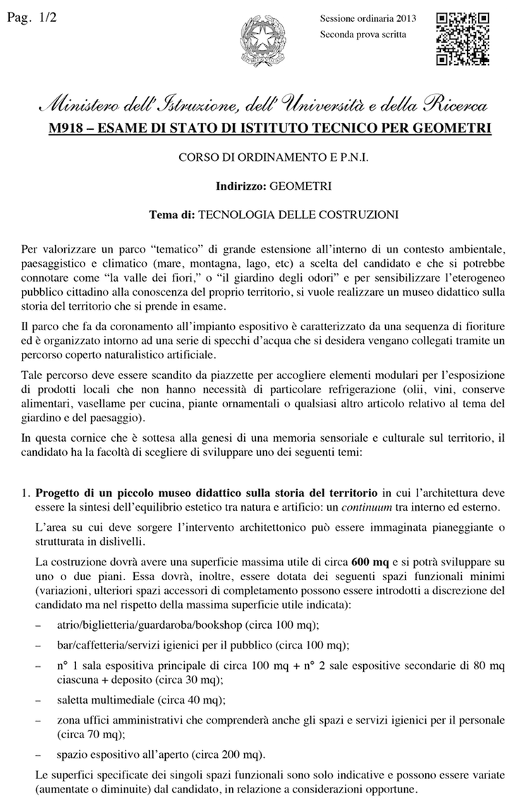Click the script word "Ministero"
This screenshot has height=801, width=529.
pos(86,107)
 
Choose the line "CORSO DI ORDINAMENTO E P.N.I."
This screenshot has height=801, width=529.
pos(264,159)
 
